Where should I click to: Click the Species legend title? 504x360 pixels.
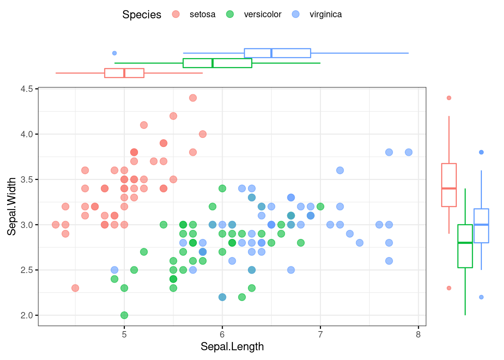[x=142, y=15]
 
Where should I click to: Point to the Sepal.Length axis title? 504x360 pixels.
[x=232, y=346]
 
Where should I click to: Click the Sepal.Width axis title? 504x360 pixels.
[x=12, y=206]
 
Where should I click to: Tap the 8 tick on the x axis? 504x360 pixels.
[x=418, y=334]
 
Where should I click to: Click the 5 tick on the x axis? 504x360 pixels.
[x=124, y=334]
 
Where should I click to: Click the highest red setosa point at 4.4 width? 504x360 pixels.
[x=193, y=98]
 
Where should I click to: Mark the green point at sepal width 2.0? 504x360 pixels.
[x=124, y=315]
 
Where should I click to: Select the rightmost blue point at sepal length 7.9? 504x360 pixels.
[x=408, y=152]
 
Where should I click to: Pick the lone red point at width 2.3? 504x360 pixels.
[x=75, y=288]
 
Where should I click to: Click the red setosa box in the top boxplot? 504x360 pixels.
[x=124, y=73]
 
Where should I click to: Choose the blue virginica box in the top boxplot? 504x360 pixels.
[x=277, y=53]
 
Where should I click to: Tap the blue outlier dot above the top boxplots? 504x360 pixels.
[x=114, y=53]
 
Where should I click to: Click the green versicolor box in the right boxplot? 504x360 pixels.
[x=465, y=246]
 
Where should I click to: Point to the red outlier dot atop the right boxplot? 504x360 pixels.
[x=449, y=98]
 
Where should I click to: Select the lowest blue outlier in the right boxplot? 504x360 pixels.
[x=481, y=297]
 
